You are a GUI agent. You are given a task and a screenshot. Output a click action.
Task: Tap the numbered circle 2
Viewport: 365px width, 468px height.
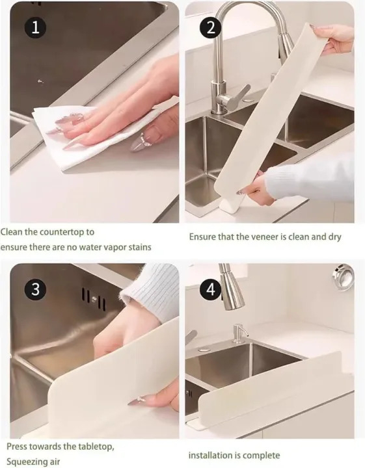tap(210, 27)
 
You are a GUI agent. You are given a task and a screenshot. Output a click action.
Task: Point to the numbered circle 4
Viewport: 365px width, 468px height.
tap(210, 290)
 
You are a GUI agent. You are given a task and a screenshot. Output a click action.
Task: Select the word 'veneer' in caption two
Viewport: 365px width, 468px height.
tap(263, 237)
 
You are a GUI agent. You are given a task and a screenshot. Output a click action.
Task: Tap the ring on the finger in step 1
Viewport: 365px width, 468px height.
tap(148, 138)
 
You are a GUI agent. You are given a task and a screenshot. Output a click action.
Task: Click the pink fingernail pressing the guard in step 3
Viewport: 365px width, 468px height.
tap(136, 401)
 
